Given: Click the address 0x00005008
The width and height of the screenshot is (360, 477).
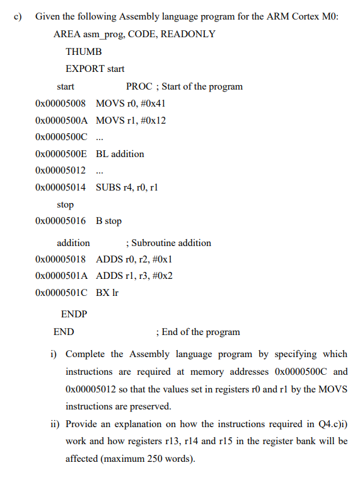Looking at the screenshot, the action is click(61, 103).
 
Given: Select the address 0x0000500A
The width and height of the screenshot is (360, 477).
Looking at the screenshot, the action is click(62, 120).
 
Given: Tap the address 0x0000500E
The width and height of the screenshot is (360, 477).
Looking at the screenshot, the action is click(61, 153).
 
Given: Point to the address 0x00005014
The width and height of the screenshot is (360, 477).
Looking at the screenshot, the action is click(61, 187).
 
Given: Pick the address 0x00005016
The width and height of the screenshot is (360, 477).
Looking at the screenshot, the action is click(61, 221).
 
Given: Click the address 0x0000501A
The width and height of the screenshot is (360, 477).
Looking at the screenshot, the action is click(62, 276).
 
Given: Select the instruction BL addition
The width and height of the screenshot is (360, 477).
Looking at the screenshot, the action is click(120, 153).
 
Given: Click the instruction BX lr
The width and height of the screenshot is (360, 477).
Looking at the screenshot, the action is click(107, 293).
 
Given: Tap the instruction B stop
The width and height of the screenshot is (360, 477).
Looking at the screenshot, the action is click(108, 221).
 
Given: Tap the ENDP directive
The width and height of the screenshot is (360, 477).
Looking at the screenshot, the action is click(74, 314).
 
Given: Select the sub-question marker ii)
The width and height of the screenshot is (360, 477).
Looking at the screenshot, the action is click(55, 424).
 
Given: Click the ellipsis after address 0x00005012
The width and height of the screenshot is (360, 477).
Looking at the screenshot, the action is click(101, 170).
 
